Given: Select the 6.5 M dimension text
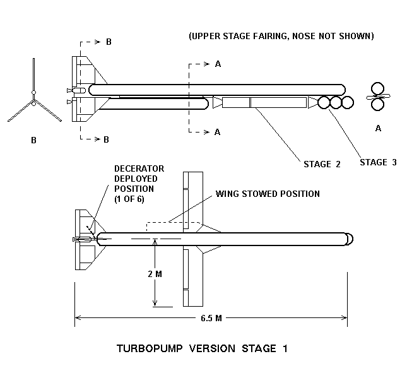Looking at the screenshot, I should pos(210,317).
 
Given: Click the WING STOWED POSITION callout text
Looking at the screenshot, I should pos(268,193).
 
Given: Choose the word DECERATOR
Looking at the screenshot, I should pos(139,168).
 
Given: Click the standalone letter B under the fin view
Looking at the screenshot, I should pos(33,140).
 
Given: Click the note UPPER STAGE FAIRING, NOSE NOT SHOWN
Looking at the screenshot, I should pos(281,37).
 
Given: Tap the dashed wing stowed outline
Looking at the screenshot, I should pos(174,222).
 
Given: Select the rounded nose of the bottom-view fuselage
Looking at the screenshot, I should pos(349,239).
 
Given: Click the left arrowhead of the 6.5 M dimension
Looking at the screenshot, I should pos(78,317).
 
